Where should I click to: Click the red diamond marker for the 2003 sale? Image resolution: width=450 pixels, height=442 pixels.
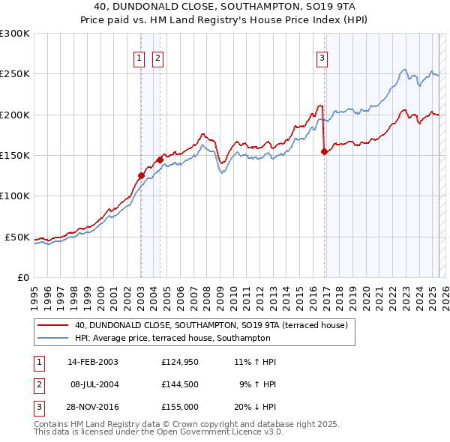(x=141, y=175)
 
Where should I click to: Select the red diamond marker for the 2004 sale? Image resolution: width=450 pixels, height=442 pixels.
(x=160, y=160)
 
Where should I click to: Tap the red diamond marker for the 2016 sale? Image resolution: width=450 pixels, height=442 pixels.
(x=324, y=151)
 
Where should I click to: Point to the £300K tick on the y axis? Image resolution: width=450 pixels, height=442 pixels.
(x=15, y=34)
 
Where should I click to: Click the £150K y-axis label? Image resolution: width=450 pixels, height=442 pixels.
(x=15, y=155)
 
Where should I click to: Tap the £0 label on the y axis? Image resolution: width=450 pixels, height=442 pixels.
(x=22, y=277)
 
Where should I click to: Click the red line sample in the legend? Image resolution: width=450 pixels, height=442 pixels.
(x=52, y=326)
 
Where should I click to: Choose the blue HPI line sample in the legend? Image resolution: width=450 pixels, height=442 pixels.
(x=52, y=339)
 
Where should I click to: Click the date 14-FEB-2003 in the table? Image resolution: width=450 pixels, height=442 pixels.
(x=93, y=362)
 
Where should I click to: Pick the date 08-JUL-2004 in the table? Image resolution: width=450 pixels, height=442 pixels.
(x=93, y=384)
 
